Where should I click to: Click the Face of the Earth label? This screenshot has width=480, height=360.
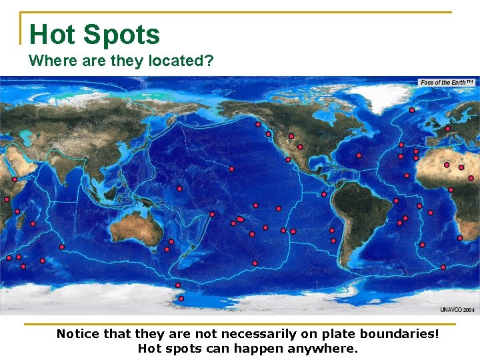tap(446, 82)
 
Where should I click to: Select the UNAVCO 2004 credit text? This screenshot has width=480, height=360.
tap(457, 310)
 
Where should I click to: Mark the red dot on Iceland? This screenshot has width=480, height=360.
tap(412, 109)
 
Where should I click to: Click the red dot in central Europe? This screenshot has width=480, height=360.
tap(447, 129)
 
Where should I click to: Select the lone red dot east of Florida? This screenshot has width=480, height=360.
tap(359, 155)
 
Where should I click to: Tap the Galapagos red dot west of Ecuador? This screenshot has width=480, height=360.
tap(323, 194)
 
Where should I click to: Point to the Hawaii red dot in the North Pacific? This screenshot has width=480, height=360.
tap(231, 169)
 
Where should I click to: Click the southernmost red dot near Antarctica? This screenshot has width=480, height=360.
tap(181, 299)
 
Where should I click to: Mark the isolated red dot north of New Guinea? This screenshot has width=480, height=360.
tap(179, 189)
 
